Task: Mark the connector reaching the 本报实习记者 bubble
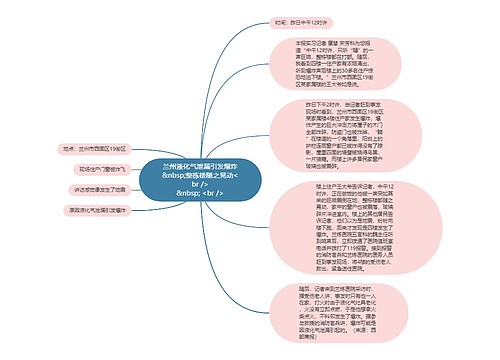pyautogui.click(x=255, y=110)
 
